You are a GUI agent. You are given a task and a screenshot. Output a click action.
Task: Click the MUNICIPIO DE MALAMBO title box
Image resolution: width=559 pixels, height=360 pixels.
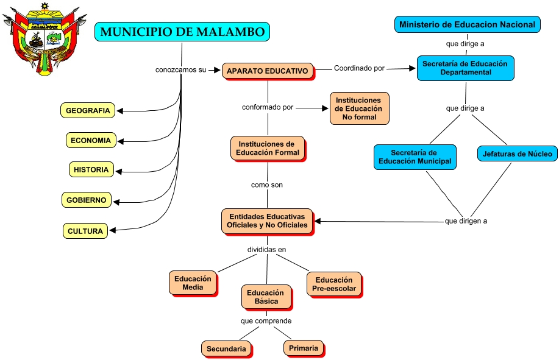tap(182, 32)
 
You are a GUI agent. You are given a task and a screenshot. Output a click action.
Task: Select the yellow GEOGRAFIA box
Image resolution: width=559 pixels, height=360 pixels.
tap(88, 110)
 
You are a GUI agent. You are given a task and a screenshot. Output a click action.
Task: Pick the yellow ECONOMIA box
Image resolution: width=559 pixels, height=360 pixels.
tap(91, 140)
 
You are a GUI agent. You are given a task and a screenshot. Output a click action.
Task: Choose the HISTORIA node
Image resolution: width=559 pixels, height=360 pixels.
tap(91, 169)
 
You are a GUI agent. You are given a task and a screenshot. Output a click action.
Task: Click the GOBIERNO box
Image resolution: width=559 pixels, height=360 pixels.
tap(87, 200)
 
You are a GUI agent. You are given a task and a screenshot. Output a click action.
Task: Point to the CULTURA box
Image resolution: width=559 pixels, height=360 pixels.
tap(85, 231)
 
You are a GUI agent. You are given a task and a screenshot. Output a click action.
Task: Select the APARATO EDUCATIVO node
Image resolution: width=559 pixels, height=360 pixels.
tap(268, 71)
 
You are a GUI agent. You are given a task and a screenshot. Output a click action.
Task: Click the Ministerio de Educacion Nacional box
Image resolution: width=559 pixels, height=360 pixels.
tap(467, 25)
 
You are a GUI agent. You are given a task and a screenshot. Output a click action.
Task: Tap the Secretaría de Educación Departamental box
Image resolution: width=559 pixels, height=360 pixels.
tap(466, 68)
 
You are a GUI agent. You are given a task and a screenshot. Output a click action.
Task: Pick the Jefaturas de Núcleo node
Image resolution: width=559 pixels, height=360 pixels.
tap(517, 154)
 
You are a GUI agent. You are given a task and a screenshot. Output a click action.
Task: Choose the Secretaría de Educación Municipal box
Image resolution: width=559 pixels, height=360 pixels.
tap(415, 157)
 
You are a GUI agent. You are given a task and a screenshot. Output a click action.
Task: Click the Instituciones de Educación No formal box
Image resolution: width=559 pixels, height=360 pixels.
tap(359, 108)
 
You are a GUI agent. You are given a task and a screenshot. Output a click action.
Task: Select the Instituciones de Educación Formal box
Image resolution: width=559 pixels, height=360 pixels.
tap(268, 148)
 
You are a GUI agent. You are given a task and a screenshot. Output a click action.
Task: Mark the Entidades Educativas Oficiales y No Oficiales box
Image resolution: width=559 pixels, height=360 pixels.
tap(268, 221)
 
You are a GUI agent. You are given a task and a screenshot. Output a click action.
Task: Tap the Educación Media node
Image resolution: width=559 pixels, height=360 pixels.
tap(193, 283)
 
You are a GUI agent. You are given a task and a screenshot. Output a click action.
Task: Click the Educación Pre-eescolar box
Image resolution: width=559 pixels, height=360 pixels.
tap(333, 284)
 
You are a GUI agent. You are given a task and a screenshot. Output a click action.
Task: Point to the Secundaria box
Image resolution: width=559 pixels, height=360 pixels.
tap(226, 349)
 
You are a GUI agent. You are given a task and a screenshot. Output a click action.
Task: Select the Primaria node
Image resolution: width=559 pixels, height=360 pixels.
tap(304, 348)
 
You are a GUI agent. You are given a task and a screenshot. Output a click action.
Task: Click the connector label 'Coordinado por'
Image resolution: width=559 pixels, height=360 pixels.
tap(359, 68)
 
